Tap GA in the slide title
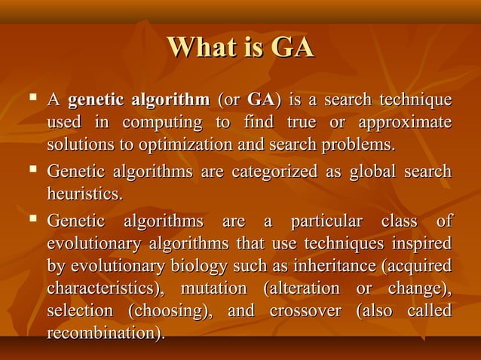point(291,47)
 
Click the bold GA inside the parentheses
point(260,100)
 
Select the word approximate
point(405,122)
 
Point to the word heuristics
point(82,194)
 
